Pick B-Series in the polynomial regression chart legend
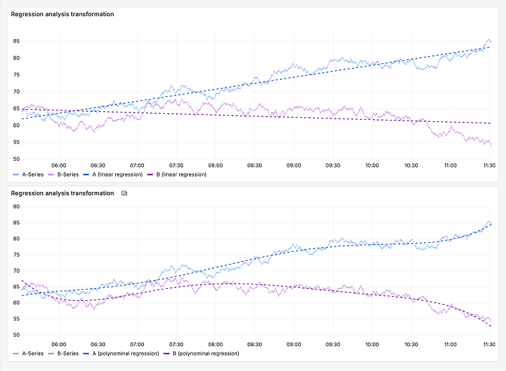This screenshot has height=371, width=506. (x=67, y=353)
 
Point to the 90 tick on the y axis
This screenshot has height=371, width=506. (x=16, y=207)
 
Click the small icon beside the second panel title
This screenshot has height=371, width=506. (x=124, y=193)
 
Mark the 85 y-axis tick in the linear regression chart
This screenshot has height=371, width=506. (x=16, y=41)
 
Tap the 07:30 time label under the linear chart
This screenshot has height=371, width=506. (x=176, y=165)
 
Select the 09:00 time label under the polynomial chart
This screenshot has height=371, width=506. (x=293, y=343)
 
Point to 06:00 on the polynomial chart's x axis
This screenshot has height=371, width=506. (x=59, y=343)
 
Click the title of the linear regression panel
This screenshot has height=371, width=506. (x=63, y=14)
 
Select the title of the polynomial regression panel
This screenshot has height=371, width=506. (x=63, y=193)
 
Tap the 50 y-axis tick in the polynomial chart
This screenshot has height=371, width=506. (x=16, y=335)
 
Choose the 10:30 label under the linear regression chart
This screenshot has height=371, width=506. (x=411, y=165)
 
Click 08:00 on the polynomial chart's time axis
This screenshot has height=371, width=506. (x=215, y=343)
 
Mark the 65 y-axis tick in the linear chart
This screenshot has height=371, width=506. (x=16, y=108)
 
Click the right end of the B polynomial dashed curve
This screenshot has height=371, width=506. (x=491, y=326)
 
